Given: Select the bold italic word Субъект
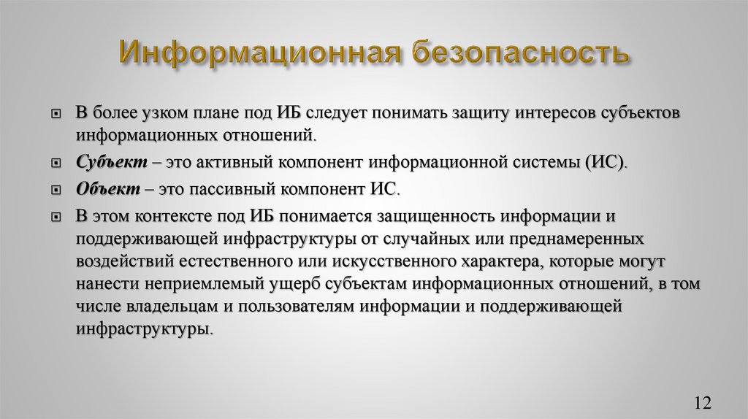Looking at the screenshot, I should click(106, 162).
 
